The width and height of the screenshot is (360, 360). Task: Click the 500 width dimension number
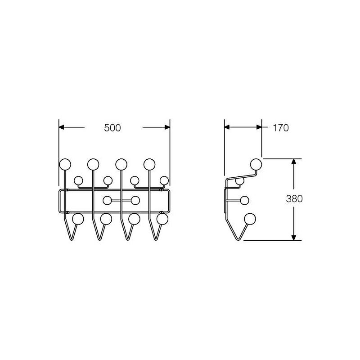(x=112, y=128)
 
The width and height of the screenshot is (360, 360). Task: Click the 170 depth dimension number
(x=280, y=128)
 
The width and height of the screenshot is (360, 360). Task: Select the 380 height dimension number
(x=294, y=198)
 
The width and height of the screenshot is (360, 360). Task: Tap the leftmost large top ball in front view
(x=65, y=164)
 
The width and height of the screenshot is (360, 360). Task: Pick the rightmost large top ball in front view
(x=149, y=164)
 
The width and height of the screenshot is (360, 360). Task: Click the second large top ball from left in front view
(x=93, y=164)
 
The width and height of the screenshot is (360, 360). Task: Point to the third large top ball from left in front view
(x=121, y=164)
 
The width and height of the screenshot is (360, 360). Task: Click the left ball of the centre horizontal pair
(x=107, y=200)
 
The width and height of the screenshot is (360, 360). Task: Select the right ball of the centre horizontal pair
(x=135, y=200)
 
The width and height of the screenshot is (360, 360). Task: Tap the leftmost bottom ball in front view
(x=78, y=219)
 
